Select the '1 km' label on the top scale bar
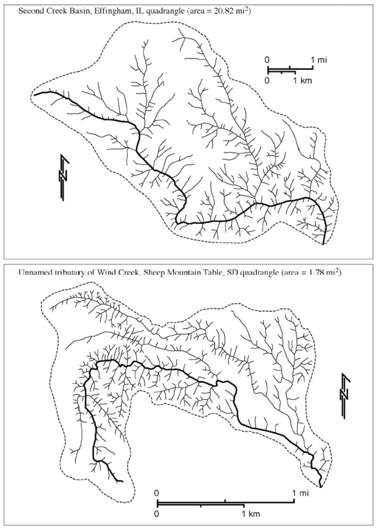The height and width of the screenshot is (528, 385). pyautogui.click(x=302, y=81)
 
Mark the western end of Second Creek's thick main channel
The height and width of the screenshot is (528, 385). pyautogui.click(x=35, y=95)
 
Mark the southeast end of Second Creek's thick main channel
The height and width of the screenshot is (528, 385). pyautogui.click(x=324, y=243)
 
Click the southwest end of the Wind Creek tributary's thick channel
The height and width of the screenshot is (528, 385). pyautogui.click(x=122, y=482)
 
